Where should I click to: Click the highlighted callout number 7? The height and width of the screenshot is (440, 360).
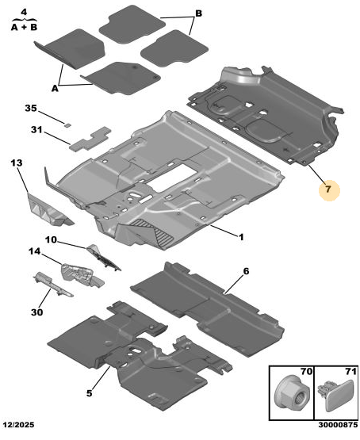click(328, 189)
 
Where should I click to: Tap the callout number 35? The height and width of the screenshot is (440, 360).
click(31, 108)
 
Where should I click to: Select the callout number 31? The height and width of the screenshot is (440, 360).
click(36, 130)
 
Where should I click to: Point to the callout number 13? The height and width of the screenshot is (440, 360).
click(17, 163)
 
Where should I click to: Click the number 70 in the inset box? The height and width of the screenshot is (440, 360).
click(306, 371)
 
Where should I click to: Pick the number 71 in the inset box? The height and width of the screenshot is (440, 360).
click(350, 371)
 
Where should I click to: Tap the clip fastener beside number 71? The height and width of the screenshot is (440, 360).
click(335, 395)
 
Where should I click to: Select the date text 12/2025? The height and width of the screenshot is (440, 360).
click(18, 425)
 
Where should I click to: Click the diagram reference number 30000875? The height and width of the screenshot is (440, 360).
click(338, 425)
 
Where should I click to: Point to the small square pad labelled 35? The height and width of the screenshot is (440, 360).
click(67, 125)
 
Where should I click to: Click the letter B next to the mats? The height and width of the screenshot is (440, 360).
click(198, 13)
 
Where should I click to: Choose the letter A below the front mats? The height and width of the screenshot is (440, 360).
click(55, 88)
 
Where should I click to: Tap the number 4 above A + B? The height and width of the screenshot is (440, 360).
click(24, 12)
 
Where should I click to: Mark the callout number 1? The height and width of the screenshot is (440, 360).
click(241, 237)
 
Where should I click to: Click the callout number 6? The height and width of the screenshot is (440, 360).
click(246, 271)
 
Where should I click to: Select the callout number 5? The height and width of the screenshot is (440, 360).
click(89, 393)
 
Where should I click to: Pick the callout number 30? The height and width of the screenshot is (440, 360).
click(36, 312)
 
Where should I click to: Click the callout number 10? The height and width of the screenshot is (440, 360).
click(51, 240)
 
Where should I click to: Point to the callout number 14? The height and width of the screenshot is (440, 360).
click(34, 251)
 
